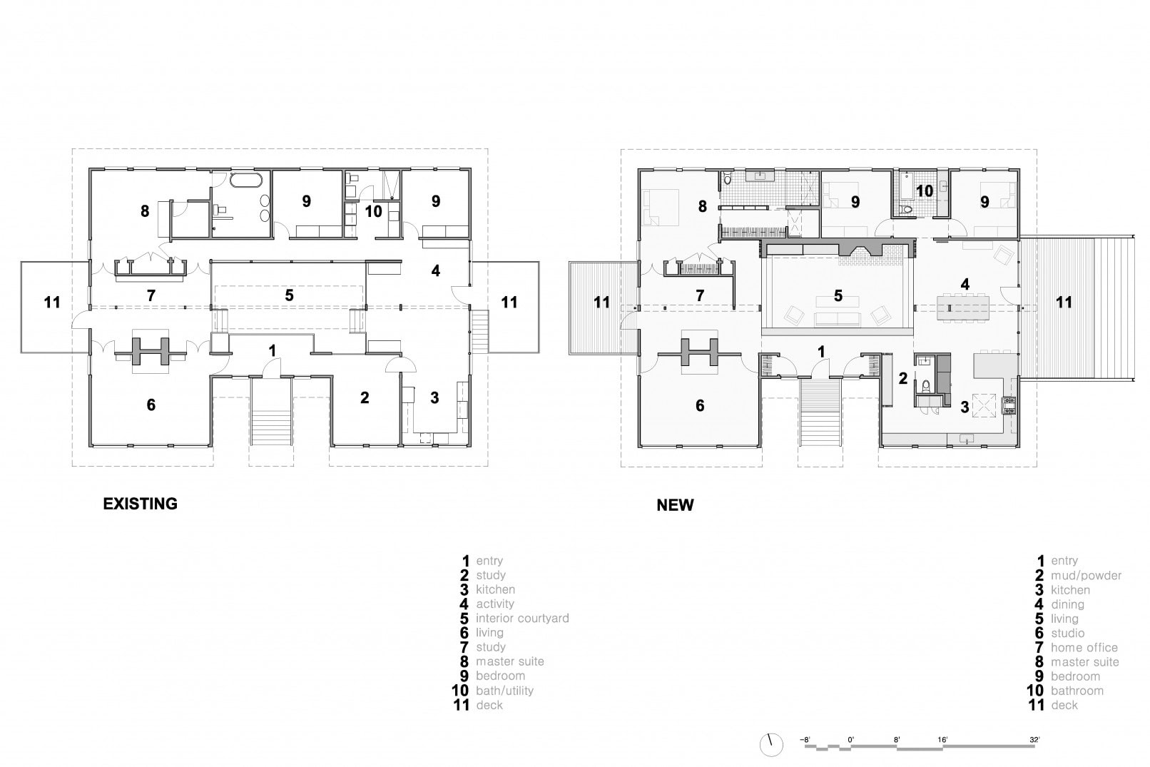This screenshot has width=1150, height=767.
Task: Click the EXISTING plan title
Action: point(140,504)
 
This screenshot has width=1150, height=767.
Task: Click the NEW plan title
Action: point(674,505)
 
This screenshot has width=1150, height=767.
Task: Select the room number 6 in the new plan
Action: point(699,405)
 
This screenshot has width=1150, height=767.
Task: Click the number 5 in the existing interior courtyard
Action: point(289,295)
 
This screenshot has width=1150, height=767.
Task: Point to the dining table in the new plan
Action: point(965,308)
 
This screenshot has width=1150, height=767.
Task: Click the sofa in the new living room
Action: point(838,318)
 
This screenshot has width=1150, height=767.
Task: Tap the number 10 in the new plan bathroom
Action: point(924,191)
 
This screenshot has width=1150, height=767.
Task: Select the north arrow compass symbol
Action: point(770,744)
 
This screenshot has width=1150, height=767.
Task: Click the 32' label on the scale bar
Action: point(1034,740)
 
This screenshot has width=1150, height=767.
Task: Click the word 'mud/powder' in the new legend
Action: point(1086,575)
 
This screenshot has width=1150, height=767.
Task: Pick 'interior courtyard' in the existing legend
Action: point(522,618)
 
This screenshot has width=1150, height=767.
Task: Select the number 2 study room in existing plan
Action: point(365,398)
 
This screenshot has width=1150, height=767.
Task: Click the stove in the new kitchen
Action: point(1009,406)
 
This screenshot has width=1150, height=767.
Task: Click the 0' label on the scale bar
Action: point(850,740)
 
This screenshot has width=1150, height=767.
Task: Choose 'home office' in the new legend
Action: point(1084,647)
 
